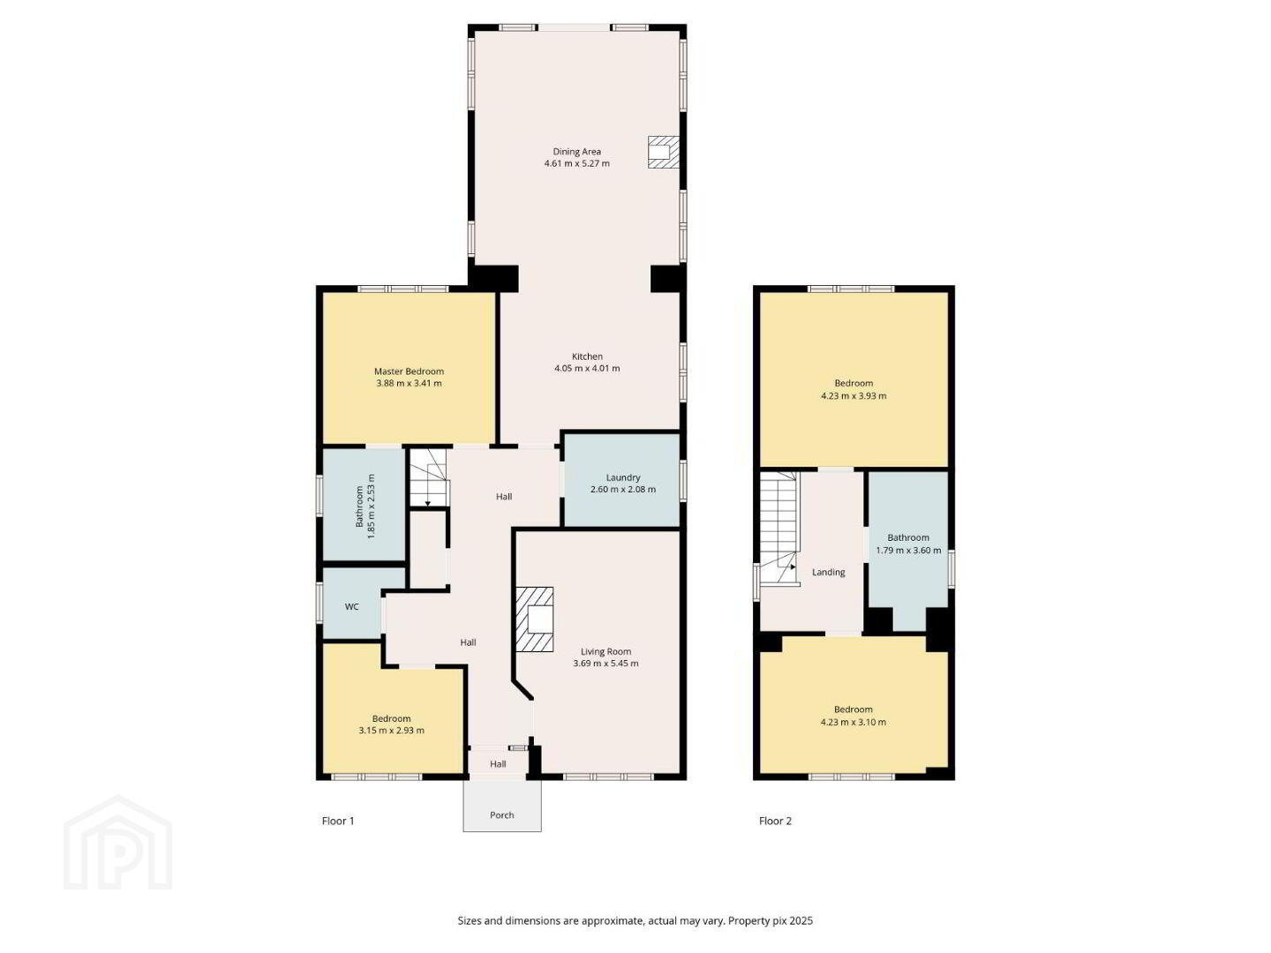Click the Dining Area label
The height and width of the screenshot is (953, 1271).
click(x=576, y=152)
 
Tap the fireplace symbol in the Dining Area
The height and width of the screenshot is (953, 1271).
click(x=663, y=152)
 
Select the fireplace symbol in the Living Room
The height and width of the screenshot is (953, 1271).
click(x=535, y=619)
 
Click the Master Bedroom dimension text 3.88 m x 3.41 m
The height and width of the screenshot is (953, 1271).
click(x=409, y=383)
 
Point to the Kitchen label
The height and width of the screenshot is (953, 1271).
click(x=587, y=356)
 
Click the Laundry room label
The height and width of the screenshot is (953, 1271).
click(x=623, y=477)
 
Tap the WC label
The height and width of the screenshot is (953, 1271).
click(x=352, y=606)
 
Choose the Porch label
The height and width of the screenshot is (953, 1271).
click(x=502, y=814)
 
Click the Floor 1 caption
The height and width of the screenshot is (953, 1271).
click(x=338, y=821)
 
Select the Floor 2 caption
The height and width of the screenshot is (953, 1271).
click(x=775, y=821)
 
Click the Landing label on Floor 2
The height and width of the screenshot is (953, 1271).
click(x=829, y=573)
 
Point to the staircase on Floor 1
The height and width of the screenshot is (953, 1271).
click(x=429, y=478)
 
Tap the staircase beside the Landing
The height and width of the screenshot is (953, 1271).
click(x=779, y=529)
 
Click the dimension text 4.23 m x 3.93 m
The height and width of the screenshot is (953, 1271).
click(x=854, y=396)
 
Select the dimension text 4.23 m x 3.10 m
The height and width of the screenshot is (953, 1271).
click(x=854, y=722)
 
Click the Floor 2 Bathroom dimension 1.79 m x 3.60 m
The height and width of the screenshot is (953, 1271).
click(x=908, y=551)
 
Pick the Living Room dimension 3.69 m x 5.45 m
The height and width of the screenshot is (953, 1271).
click(x=605, y=663)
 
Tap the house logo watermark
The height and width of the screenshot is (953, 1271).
click(x=118, y=843)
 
